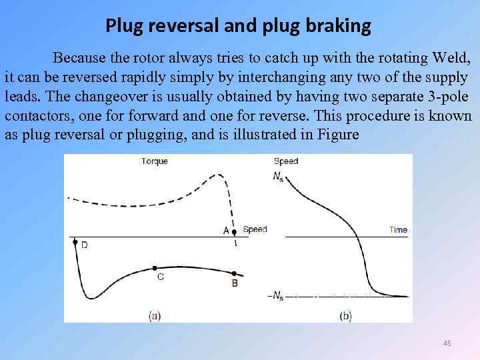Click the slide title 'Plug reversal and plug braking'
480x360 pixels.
238,26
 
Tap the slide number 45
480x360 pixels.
447,343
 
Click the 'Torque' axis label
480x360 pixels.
155,161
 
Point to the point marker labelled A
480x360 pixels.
234,231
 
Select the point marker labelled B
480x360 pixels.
235,273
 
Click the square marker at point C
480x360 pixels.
155,268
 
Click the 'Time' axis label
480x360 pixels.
398,230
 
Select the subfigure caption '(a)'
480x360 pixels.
154,316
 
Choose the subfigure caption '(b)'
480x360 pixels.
345,316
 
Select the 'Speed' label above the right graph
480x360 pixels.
286,161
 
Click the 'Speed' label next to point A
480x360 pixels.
255,229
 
